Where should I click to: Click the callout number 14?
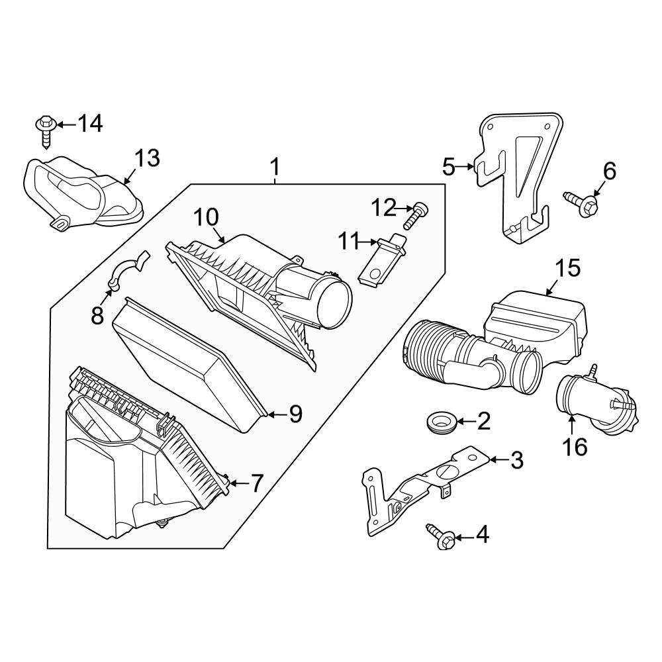(90, 124)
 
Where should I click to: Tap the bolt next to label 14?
(46, 130)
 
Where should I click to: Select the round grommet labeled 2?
(438, 422)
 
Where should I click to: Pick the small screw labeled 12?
(415, 214)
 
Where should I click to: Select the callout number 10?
(206, 217)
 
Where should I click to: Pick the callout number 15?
(567, 268)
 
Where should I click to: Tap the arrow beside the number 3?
(498, 458)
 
